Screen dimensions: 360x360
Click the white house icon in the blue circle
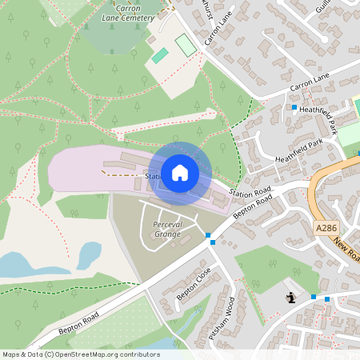point(180,172)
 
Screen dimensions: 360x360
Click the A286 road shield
point(326,228)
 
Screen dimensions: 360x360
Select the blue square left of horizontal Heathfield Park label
point(294,107)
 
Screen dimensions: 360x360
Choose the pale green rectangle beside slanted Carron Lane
point(186,45)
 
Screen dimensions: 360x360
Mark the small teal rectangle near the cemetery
point(160,56)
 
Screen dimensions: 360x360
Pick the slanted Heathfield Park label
point(298,152)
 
